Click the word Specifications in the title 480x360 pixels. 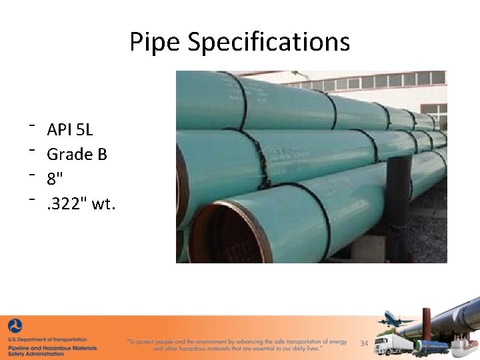click(269, 42)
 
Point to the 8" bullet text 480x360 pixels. click(55, 179)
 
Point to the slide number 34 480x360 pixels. click(364, 343)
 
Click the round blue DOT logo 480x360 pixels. click(15, 327)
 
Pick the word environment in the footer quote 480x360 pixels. click(211, 342)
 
